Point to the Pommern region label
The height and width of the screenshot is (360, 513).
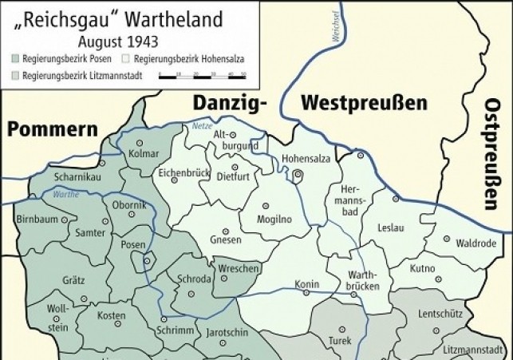point(53,130)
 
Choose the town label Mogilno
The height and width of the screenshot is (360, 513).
point(271,219)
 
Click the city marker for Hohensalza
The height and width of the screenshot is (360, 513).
point(298,175)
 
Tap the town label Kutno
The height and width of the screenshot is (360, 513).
point(423,269)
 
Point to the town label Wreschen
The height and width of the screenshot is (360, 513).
point(238,269)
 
